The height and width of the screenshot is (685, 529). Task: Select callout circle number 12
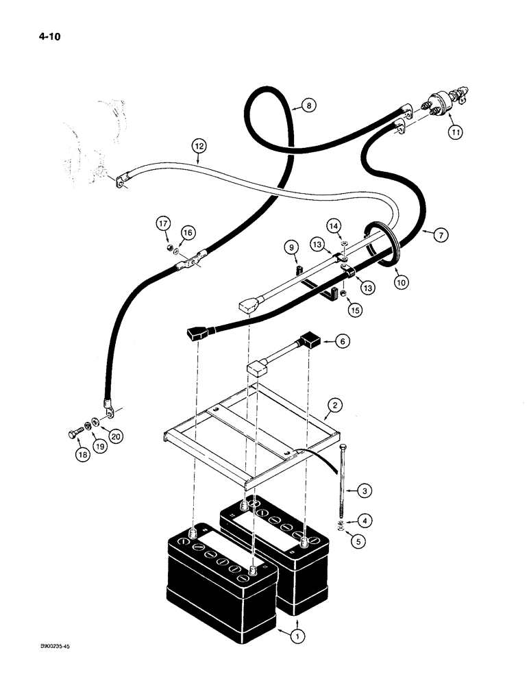(199, 146)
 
